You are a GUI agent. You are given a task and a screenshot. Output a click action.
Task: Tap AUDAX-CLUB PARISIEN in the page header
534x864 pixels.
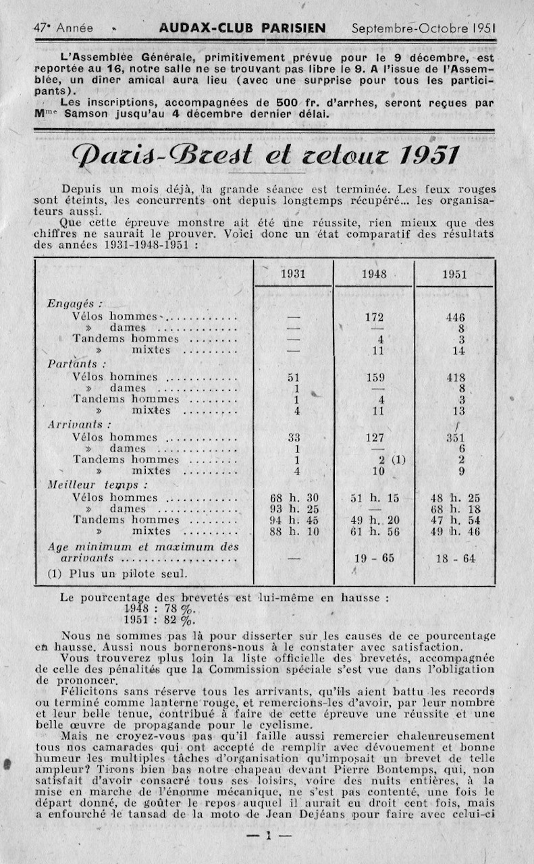pos(242,28)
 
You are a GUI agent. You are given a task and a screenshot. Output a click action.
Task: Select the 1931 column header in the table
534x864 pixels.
pos(292,274)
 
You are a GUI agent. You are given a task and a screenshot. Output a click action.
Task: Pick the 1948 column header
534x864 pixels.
pos(373,274)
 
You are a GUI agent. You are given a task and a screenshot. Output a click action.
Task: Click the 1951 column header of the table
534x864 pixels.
pos(454,275)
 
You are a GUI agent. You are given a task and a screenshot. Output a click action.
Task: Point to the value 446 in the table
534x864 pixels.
pos(455,317)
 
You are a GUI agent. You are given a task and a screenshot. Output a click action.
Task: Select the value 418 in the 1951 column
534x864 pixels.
pos(455,378)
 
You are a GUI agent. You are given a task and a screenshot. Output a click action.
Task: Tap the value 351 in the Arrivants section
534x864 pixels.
pos(455,437)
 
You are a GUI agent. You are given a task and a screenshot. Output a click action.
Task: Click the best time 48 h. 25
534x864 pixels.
pos(455,498)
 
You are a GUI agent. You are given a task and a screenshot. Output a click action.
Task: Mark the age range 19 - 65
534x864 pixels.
pos(373,558)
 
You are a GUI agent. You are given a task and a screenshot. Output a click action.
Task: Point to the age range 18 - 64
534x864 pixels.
pos(455,558)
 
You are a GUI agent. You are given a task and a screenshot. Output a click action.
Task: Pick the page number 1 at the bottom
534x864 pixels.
pos(267,836)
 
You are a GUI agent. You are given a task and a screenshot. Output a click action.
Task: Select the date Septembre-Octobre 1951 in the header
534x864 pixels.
pos(424,28)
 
